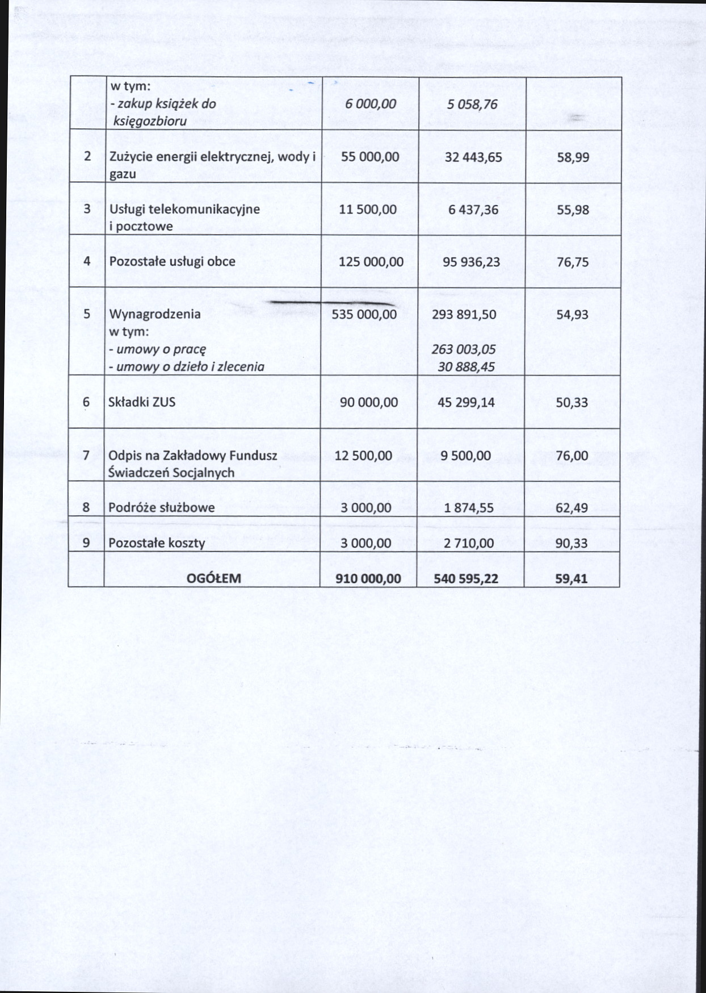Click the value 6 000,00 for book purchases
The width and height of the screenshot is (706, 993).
(x=370, y=104)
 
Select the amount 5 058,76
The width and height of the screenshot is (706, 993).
(x=472, y=105)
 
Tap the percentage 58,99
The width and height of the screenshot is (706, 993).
(x=573, y=157)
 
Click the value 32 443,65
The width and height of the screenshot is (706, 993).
(x=473, y=157)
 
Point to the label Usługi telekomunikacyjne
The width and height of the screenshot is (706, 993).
(x=184, y=209)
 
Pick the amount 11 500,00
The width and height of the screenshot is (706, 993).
(x=368, y=210)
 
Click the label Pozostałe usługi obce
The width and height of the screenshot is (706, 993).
(x=172, y=262)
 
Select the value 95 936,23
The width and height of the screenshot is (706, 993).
(x=471, y=262)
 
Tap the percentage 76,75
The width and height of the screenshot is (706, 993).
(x=572, y=262)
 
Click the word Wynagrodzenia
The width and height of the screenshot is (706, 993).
(x=154, y=314)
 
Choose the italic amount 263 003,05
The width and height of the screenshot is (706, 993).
(x=463, y=349)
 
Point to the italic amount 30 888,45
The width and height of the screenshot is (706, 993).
(x=466, y=367)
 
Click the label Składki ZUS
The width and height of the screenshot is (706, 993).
(x=142, y=402)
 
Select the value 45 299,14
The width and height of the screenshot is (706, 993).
(x=466, y=403)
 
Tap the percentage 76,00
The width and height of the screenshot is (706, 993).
(x=572, y=456)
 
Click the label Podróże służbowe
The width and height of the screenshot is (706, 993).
(x=161, y=508)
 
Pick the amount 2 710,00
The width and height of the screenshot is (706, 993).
(x=469, y=543)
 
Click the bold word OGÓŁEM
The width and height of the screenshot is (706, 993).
(x=213, y=579)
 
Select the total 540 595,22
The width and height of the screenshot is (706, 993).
(x=466, y=579)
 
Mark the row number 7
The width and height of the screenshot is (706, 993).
(x=86, y=456)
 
